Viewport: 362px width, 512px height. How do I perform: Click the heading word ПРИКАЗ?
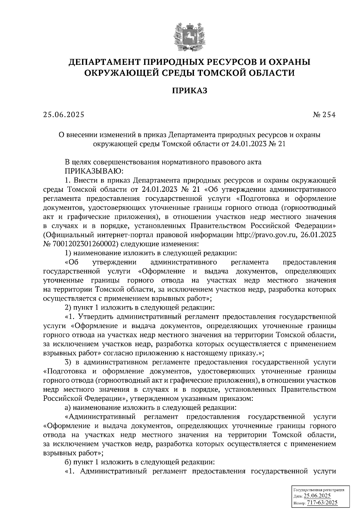point(189,90)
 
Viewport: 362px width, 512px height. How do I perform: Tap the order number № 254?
point(324,115)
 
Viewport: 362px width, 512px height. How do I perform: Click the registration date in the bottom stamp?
point(317,496)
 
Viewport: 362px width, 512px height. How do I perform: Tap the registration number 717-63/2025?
point(322,502)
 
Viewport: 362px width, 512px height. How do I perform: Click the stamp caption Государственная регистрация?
point(319,490)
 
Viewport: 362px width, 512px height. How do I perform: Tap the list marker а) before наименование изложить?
point(68,408)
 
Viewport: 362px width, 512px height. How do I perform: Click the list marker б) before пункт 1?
point(68,462)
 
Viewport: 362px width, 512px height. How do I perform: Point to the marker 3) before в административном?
point(68,362)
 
